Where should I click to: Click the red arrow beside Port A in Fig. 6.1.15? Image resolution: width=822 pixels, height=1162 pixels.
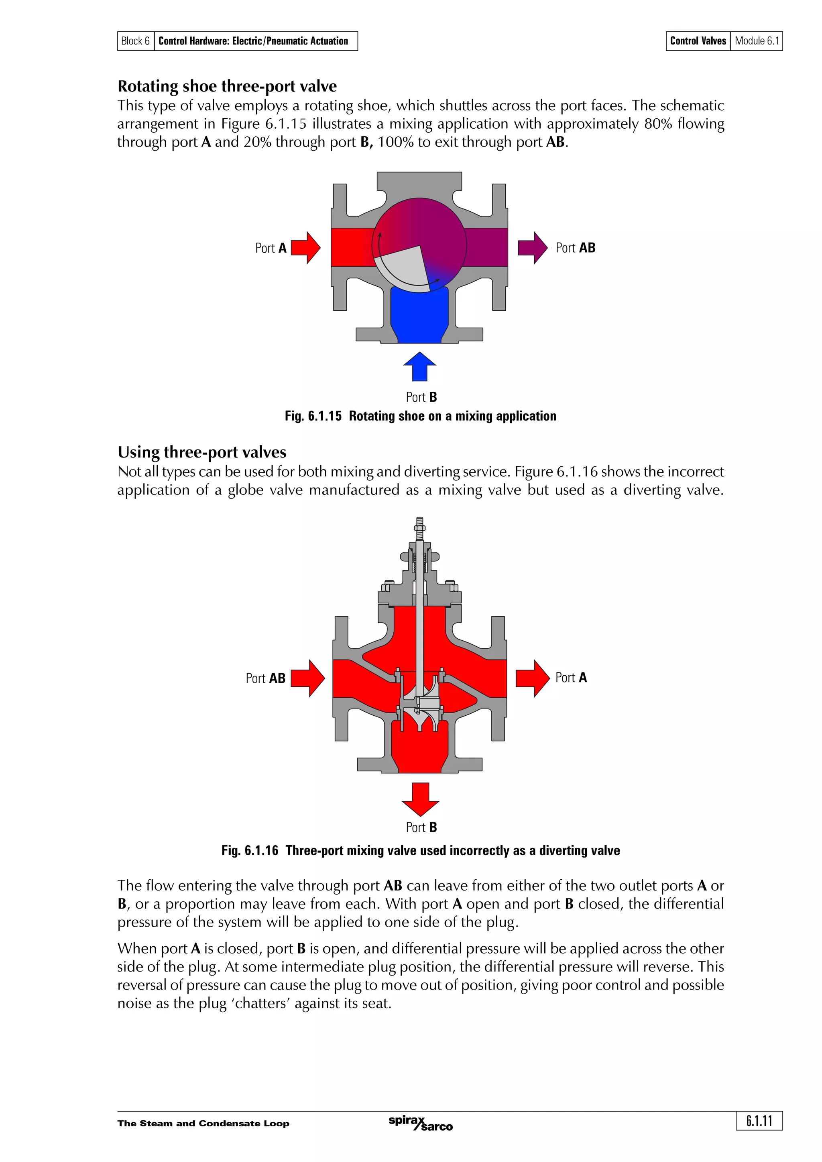click(306, 248)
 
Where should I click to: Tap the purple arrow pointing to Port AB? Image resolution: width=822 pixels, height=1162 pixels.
click(532, 248)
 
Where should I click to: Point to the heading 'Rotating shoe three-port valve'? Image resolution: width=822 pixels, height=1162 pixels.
click(227, 86)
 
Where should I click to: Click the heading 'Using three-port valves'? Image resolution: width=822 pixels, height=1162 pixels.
click(201, 452)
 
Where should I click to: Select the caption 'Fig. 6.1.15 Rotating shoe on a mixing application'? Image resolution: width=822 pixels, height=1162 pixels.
click(420, 416)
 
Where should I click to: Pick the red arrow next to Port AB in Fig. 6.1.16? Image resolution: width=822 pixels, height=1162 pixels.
click(308, 678)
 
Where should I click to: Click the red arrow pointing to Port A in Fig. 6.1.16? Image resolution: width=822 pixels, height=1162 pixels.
click(532, 678)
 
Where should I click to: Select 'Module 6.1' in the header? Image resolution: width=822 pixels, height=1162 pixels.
click(757, 41)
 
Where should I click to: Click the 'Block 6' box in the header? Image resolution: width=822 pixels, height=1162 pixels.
click(136, 41)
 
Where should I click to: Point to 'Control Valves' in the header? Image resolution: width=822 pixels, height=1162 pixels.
click(698, 41)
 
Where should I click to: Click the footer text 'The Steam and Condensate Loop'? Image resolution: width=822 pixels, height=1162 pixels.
click(203, 1124)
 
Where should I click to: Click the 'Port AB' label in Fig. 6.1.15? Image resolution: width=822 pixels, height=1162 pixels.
click(575, 248)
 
